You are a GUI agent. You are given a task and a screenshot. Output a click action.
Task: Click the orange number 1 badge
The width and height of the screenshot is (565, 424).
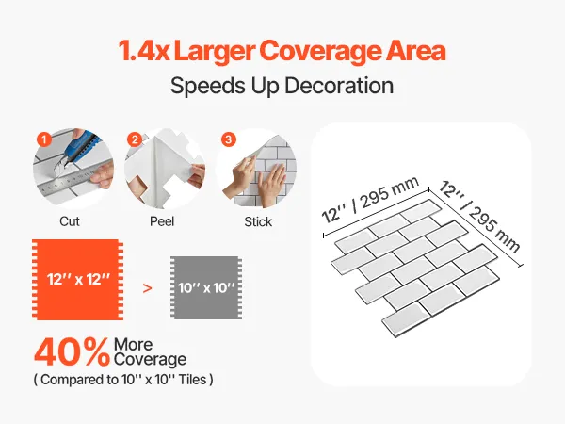click(x=44, y=139)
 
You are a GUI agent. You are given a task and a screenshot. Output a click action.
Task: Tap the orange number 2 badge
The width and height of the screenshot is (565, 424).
click(x=135, y=139)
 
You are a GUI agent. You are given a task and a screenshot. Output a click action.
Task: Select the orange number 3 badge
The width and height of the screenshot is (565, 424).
click(x=229, y=139)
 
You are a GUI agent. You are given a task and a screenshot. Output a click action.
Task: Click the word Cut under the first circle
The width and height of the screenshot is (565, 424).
click(x=70, y=221)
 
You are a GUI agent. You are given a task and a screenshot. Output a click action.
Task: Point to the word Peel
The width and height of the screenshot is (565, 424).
click(x=162, y=221)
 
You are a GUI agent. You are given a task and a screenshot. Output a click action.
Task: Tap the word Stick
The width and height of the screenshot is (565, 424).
click(x=258, y=221)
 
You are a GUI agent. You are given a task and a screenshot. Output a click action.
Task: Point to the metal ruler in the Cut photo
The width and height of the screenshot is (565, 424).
click(x=73, y=181)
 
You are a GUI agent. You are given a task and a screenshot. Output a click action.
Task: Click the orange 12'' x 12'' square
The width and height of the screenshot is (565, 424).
click(x=78, y=280)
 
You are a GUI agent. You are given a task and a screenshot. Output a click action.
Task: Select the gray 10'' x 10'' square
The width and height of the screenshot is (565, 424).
click(x=206, y=287)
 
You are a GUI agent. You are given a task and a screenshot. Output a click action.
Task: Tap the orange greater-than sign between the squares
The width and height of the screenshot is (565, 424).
click(x=147, y=288)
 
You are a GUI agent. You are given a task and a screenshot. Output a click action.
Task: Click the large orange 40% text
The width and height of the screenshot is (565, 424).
click(x=73, y=352)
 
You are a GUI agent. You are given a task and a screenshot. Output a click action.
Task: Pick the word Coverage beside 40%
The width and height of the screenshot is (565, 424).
click(x=150, y=359)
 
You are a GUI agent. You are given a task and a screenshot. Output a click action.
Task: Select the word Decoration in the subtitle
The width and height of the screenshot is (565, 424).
click(x=339, y=86)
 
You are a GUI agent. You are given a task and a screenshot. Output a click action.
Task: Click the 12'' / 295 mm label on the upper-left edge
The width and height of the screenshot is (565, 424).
click(x=370, y=200)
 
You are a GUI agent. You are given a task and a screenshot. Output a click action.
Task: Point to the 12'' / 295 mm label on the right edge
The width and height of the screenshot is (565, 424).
click(x=479, y=217)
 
